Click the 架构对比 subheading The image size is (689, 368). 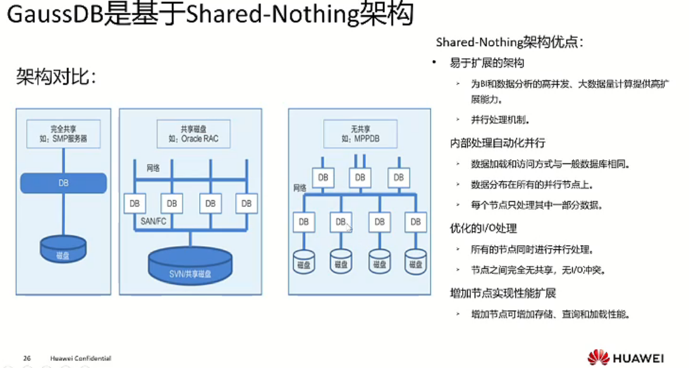(56, 78)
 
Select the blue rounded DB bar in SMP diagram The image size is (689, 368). (63, 183)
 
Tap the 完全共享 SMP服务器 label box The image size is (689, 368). (63, 134)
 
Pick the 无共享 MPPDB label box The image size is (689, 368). (359, 134)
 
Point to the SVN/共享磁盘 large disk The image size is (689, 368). (190, 266)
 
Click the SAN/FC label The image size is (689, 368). (154, 222)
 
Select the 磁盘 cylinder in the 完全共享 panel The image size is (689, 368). (63, 249)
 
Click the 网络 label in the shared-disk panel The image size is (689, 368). (154, 168)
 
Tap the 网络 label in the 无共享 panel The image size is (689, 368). (300, 187)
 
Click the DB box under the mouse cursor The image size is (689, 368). (341, 222)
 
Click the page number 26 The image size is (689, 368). (27, 359)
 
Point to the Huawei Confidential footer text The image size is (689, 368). (80, 359)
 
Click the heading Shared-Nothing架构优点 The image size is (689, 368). (509, 42)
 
